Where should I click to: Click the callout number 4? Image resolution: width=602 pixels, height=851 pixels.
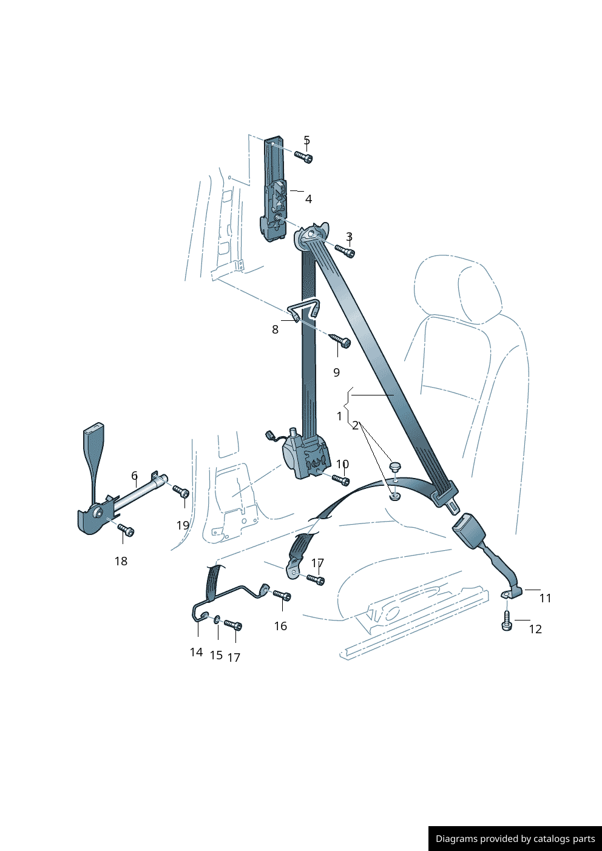(x=308, y=199)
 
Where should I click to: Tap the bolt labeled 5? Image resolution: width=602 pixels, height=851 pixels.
(x=304, y=157)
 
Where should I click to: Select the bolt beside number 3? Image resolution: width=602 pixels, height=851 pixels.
(x=345, y=250)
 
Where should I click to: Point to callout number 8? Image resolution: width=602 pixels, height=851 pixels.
(x=275, y=329)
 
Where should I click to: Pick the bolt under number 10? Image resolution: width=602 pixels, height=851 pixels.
(x=341, y=480)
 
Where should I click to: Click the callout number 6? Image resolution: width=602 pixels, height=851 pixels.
(x=134, y=476)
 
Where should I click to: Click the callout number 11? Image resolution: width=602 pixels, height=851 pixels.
(x=545, y=598)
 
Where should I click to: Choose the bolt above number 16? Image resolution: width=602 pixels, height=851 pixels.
(x=282, y=596)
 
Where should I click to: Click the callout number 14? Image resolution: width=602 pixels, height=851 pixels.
(x=196, y=652)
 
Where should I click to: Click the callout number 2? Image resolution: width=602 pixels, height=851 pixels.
(x=355, y=426)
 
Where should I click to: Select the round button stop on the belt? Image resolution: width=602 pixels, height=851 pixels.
(x=395, y=466)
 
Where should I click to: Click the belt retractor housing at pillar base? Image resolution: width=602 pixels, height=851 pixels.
(x=306, y=460)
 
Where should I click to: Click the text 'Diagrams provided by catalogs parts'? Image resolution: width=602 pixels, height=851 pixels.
(x=515, y=839)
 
